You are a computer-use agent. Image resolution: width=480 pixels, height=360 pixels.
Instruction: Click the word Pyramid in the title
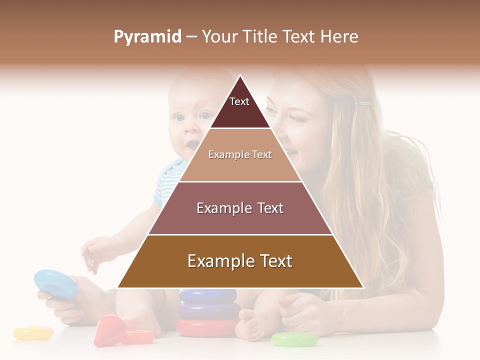(x=147, y=37)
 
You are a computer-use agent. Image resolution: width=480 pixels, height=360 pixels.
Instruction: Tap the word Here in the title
(x=339, y=37)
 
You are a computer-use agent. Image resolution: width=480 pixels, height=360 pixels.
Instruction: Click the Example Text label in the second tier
(x=240, y=154)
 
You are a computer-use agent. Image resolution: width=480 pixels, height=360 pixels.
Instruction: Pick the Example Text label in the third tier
(x=240, y=208)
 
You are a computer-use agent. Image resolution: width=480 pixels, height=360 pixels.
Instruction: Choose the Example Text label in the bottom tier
(x=240, y=261)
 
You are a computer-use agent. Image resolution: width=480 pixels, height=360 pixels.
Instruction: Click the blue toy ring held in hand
(x=55, y=282)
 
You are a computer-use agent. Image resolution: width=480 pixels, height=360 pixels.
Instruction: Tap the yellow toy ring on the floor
(x=33, y=332)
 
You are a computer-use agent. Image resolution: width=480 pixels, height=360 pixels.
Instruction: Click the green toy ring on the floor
(x=294, y=339)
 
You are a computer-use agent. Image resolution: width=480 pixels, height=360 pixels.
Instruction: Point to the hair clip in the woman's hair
(x=363, y=104)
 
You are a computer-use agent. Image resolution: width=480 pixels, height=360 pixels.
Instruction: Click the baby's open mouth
(x=191, y=145)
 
